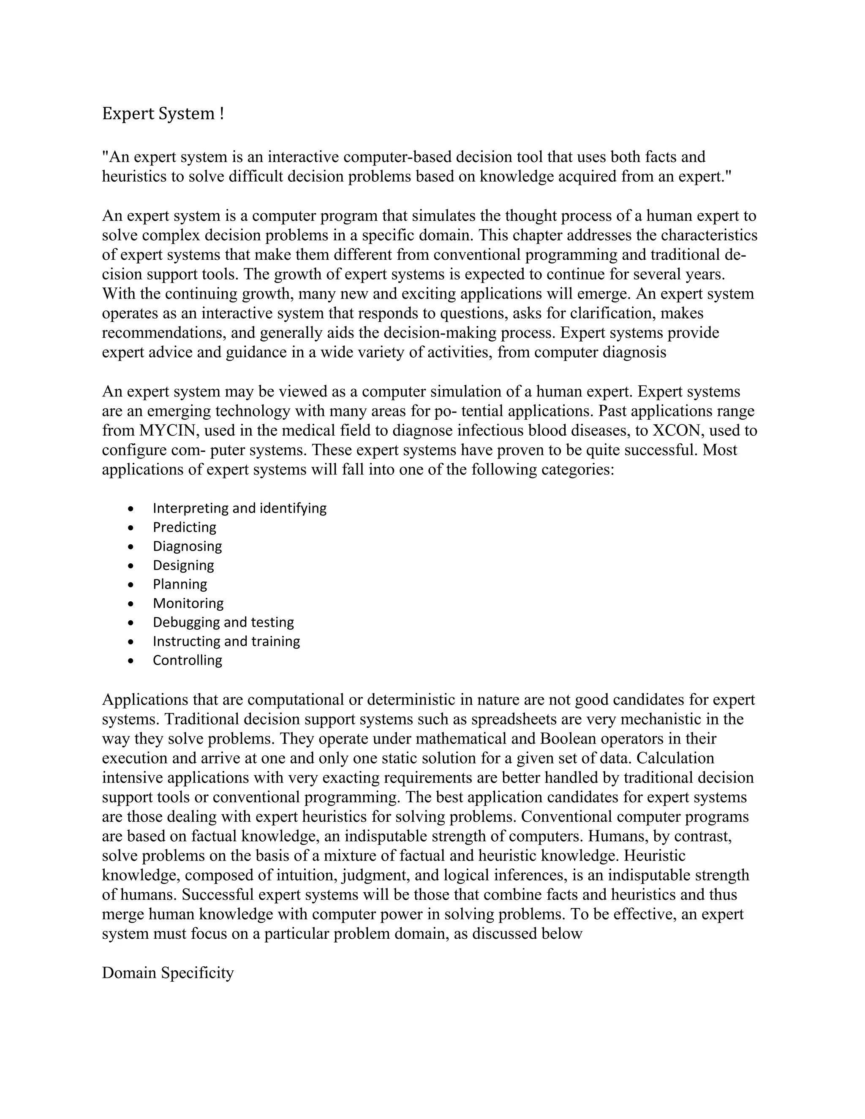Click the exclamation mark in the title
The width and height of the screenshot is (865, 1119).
pyautogui.click(x=221, y=114)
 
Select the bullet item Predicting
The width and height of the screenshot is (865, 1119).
pyautogui.click(x=185, y=527)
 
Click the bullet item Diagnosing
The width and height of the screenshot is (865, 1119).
pyautogui.click(x=187, y=546)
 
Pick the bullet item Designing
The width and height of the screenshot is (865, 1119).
pyautogui.click(x=183, y=565)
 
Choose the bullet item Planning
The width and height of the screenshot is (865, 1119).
pyautogui.click(x=180, y=584)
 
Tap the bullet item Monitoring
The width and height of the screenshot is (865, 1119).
pyautogui.click(x=188, y=603)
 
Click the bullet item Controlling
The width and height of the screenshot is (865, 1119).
pyautogui.click(x=187, y=660)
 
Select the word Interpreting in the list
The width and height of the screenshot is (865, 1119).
pyautogui.click(x=191, y=508)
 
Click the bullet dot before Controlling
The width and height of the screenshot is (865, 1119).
pyautogui.click(x=132, y=661)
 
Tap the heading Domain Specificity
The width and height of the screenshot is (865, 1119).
pyautogui.click(x=168, y=972)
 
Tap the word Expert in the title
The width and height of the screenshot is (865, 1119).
pyautogui.click(x=128, y=114)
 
